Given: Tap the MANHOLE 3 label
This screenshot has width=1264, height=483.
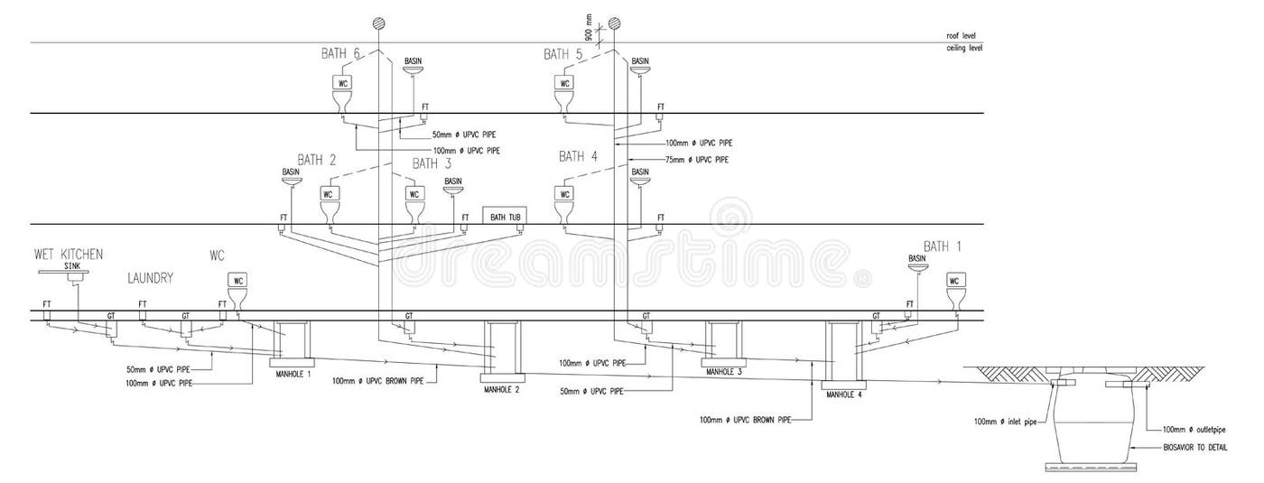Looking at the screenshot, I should coord(724,370).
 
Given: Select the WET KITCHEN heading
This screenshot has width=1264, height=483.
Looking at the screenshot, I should coord(69,255).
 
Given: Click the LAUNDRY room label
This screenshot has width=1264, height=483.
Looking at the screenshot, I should coord(150,279).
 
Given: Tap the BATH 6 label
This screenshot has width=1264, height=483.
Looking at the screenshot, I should coord(341,54).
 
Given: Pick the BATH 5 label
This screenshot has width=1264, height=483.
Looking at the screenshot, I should coord(563,54).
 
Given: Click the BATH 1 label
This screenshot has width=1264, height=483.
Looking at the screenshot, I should coord(943,246).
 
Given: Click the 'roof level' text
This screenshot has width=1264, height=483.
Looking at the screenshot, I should coord(961,35).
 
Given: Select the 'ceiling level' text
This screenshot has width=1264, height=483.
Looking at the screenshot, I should coord(963,47).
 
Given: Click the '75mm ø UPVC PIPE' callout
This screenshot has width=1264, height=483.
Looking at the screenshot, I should coord(696,160).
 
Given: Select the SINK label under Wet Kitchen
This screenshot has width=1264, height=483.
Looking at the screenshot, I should coord(73,266).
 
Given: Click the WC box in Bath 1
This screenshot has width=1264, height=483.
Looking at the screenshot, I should coord(954,281).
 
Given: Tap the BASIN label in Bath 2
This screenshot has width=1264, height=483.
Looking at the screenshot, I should coord(291,172).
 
